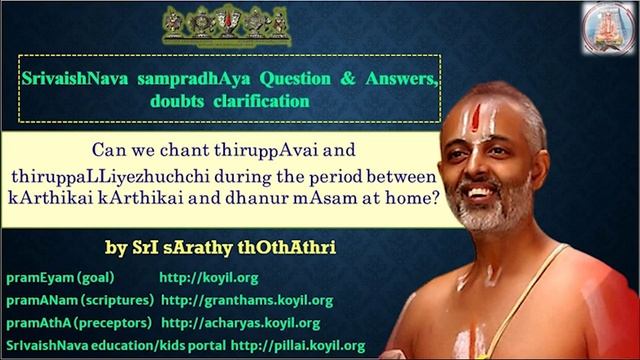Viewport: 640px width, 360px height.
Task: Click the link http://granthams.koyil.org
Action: (246, 300)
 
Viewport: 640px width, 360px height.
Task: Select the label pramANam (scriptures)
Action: (80, 300)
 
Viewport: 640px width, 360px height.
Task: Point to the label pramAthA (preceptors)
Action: (78, 323)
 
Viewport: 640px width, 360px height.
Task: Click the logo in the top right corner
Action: (608, 27)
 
